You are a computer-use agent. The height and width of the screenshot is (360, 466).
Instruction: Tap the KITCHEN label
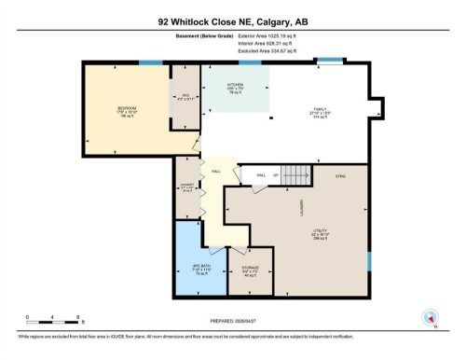tap(236, 86)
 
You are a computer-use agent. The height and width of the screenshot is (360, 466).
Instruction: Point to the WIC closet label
tap(184, 93)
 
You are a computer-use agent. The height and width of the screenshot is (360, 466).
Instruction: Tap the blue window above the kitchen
tap(250, 62)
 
